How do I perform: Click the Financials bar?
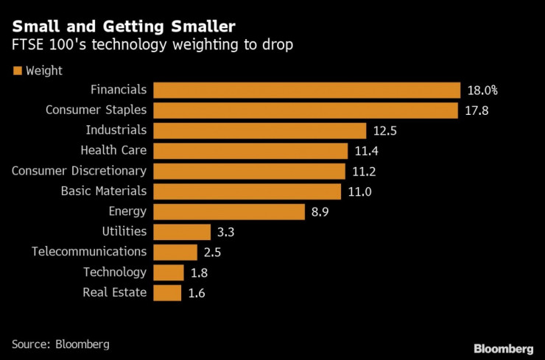tap(306, 91)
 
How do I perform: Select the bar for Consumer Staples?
tap(306, 110)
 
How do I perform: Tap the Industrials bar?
tap(260, 131)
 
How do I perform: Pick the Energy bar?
tap(229, 212)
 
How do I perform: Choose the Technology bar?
tap(168, 272)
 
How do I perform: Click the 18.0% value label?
tap(482, 91)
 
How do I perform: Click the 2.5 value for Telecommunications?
tap(212, 253)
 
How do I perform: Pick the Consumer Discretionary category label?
tap(79, 171)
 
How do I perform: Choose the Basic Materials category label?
tap(104, 191)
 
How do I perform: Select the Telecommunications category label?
tap(89, 252)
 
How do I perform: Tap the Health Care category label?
tap(113, 151)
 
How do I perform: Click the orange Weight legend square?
tap(16, 71)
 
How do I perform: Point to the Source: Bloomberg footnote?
tap(60, 343)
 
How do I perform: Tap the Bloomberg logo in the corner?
tap(503, 346)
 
